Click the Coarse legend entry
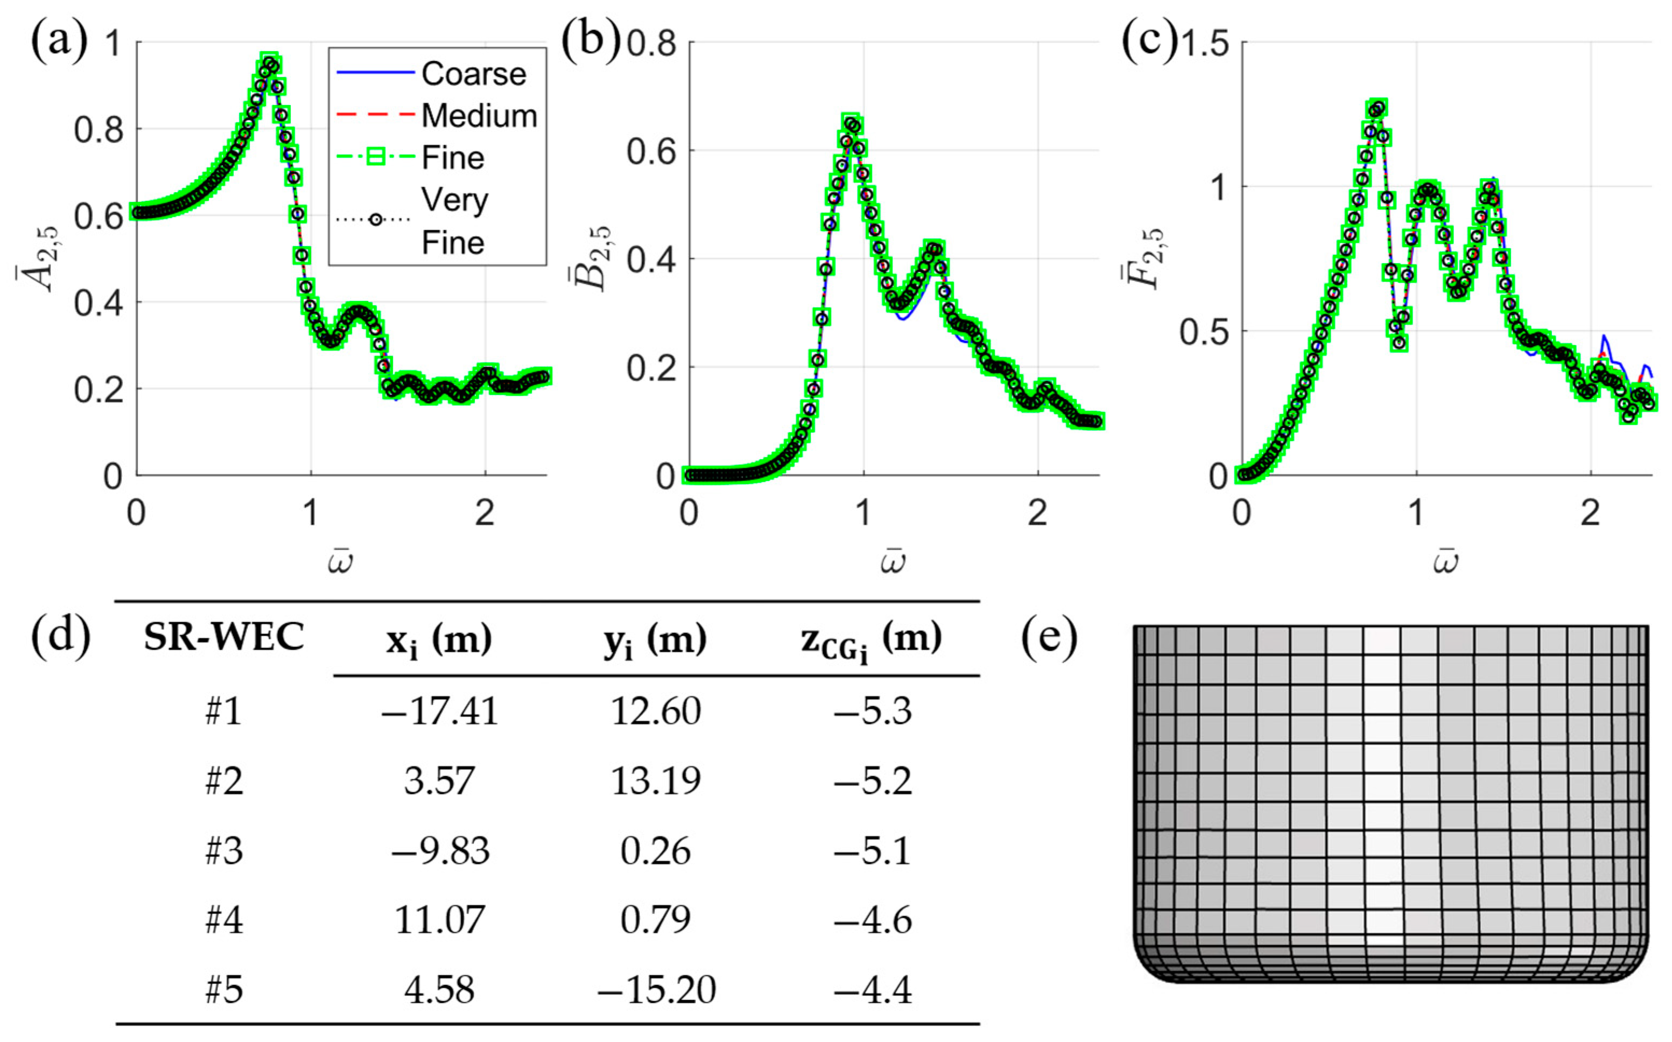point(473,74)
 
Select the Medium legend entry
point(479,116)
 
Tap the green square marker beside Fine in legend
point(376,158)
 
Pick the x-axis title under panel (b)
point(893,562)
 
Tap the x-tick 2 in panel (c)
point(1591,513)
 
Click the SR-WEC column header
point(223,637)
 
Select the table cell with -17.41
point(439,711)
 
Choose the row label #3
point(224,851)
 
